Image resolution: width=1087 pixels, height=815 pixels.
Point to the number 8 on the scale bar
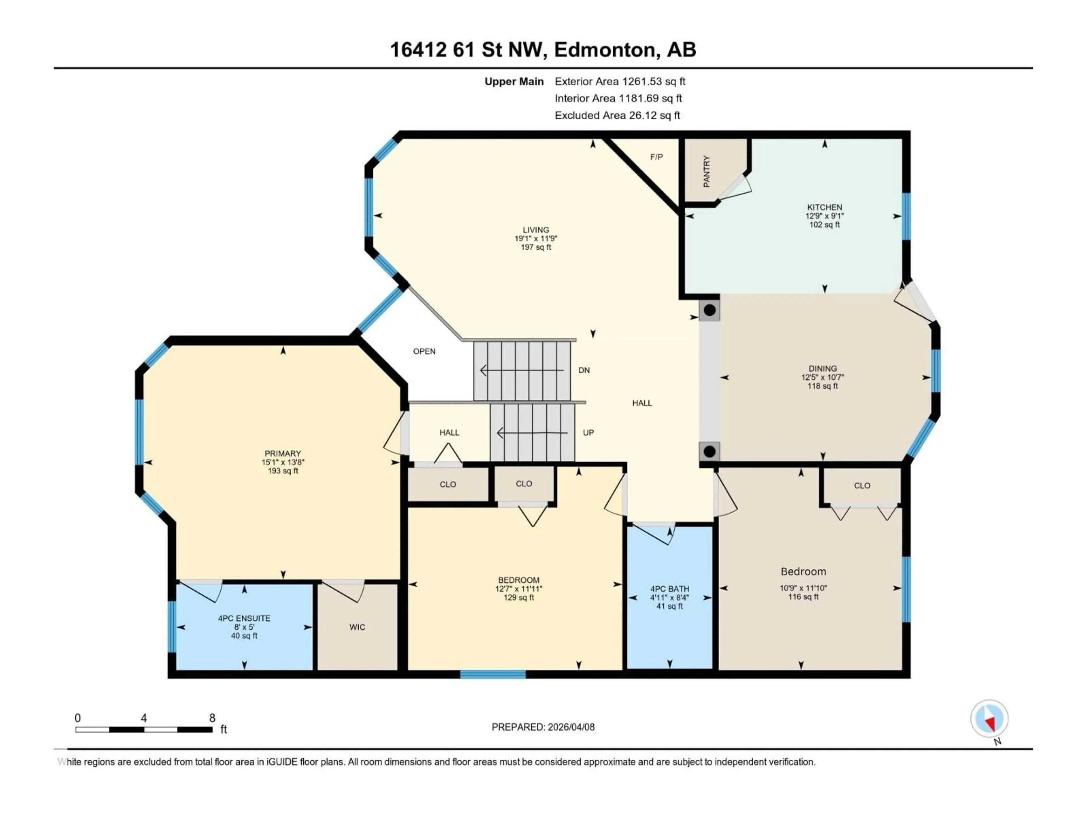pos(212,718)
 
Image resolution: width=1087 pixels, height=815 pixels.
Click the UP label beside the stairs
pos(588,433)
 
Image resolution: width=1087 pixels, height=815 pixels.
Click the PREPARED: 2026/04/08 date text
pos(543,727)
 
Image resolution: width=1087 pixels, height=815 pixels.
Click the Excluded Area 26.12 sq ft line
pos(617,115)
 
